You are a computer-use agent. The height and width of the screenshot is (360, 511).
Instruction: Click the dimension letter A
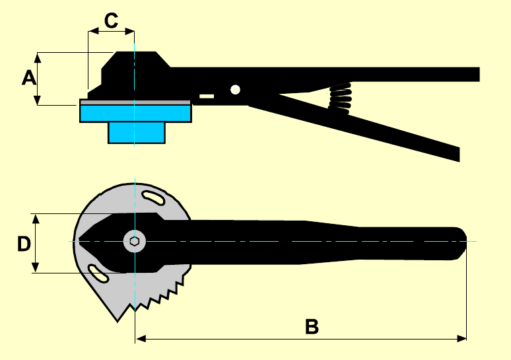(x=28, y=79)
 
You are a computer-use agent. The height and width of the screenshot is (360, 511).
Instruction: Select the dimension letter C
(x=111, y=20)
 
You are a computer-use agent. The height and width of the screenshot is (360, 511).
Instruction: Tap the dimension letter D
(x=24, y=244)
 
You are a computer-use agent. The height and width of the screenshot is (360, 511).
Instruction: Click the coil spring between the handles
(x=340, y=99)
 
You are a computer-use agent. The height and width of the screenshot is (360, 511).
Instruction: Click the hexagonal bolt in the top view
(x=134, y=241)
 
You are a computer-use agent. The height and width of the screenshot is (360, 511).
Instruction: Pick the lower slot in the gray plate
(x=98, y=271)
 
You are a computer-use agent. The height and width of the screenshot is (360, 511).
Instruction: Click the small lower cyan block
(x=136, y=133)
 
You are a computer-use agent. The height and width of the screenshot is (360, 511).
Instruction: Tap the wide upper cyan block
(x=135, y=113)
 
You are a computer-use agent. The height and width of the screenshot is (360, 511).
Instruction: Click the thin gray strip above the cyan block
(x=135, y=102)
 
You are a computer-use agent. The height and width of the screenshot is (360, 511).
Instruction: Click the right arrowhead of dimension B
(x=462, y=338)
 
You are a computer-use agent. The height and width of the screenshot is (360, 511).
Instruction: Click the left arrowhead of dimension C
(x=92, y=30)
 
